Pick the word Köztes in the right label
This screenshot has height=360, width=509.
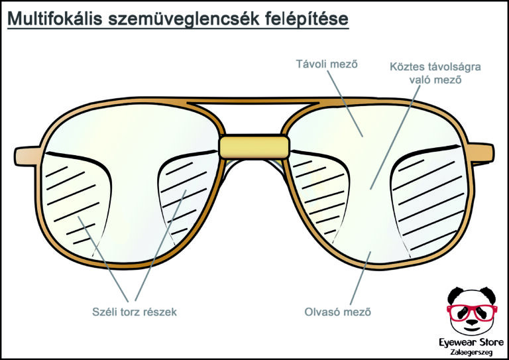(x=409, y=67)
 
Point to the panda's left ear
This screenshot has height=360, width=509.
(x=453, y=294)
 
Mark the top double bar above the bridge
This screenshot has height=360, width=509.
(x=254, y=102)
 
